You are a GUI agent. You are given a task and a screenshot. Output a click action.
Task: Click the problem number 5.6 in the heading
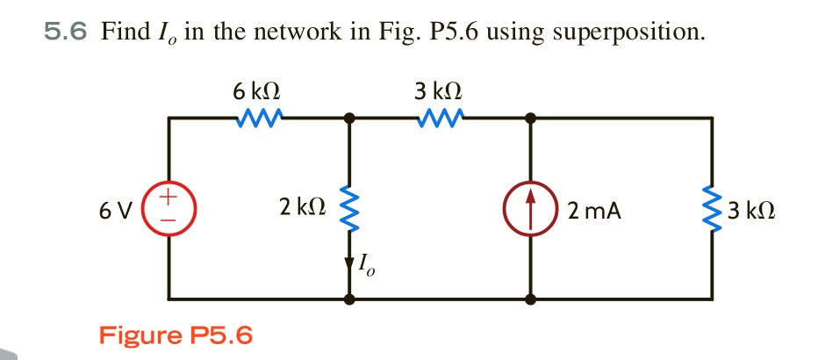coord(66,33)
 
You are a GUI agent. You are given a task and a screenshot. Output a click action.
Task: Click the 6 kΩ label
coord(257,90)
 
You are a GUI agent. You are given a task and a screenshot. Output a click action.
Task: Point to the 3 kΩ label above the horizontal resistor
coord(438,90)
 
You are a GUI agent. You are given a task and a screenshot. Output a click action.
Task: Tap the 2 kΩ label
coord(303,207)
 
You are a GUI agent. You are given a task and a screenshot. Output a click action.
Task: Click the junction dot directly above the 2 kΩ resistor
coord(350,117)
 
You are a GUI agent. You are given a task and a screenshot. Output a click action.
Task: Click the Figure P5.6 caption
coord(176,335)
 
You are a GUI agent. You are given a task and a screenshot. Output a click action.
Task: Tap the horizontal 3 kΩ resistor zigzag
coord(439,117)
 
